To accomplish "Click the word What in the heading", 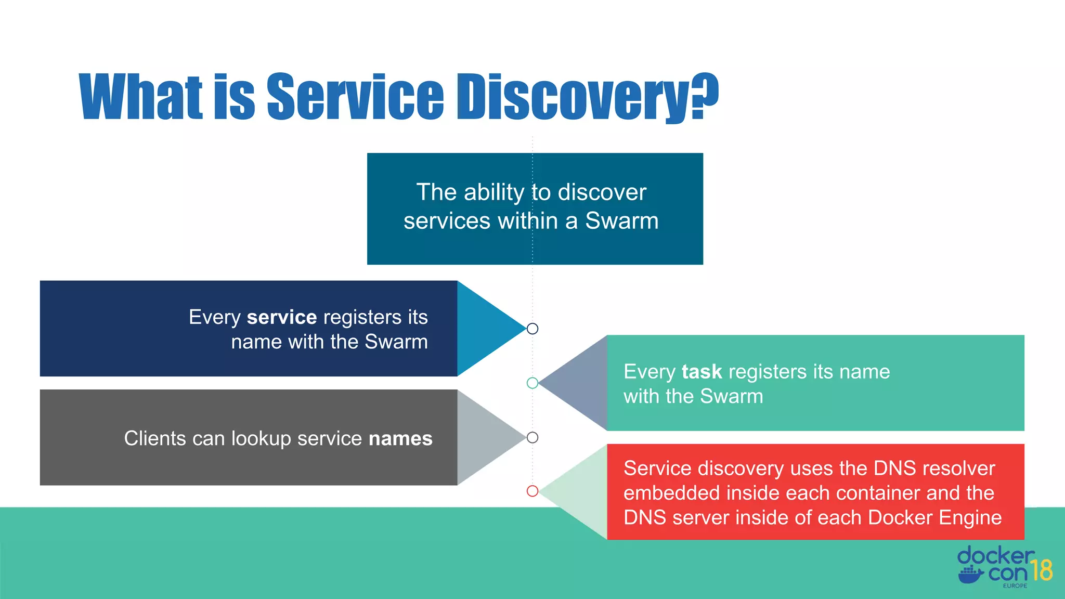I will [140, 97].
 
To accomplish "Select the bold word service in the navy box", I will [282, 317].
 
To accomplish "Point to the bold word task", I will [702, 372].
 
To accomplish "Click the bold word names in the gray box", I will [400, 438].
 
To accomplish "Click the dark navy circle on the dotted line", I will [532, 329].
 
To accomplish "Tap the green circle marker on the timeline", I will [532, 383].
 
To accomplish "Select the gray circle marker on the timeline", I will [532, 437].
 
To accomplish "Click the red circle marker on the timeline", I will [532, 491].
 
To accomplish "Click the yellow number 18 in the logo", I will [1042, 570].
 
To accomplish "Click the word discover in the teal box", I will [602, 192].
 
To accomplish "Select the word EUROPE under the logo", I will [1015, 586].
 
